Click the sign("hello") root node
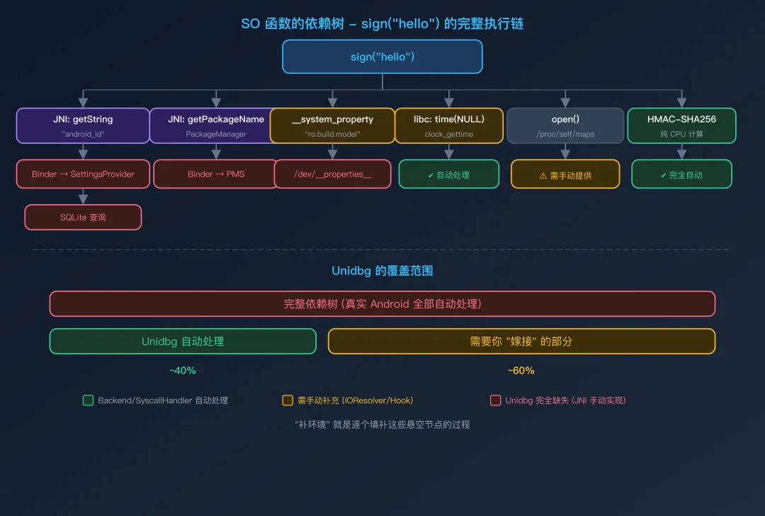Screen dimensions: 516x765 [x=382, y=57]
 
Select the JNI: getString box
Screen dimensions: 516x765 [x=83, y=125]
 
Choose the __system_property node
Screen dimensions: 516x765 [x=332, y=125]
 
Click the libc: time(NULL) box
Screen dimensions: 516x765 [x=448, y=125]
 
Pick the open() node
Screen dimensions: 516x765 [x=565, y=125]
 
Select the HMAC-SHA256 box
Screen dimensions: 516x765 [x=681, y=125]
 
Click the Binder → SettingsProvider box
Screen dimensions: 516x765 [x=83, y=174]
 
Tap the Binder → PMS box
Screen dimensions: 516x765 [x=216, y=174]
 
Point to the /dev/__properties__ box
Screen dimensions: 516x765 [x=332, y=174]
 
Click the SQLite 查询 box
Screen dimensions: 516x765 [x=83, y=218]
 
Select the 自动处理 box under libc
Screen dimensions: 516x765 [x=448, y=174]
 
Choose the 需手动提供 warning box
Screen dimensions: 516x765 [x=565, y=174]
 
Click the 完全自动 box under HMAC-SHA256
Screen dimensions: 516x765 [x=681, y=174]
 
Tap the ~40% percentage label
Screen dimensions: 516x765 [x=183, y=371]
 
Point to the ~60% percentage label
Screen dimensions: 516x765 [x=521, y=371]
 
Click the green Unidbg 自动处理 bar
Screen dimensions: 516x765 [x=183, y=342]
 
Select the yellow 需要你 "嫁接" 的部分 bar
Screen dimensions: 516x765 [x=521, y=342]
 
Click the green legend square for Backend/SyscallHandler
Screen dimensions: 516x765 [x=88, y=400]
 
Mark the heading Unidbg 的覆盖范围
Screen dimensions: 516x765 [x=382, y=271]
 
